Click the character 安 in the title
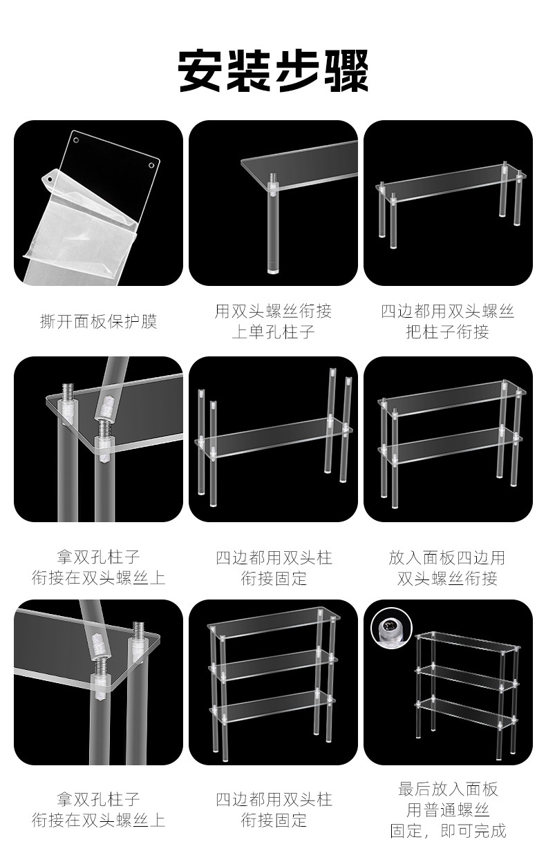coord(200,70)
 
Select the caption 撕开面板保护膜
coord(98,322)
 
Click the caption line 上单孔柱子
coord(273,332)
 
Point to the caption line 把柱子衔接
coord(447,332)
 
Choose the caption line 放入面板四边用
coord(447,557)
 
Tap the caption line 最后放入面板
coord(447,789)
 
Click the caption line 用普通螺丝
coord(447,809)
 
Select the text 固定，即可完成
coord(447,831)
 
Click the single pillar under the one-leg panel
coord(274,228)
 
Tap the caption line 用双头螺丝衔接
coord(273,312)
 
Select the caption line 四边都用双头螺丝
coord(447,312)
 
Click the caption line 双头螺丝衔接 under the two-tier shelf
coord(447,579)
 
